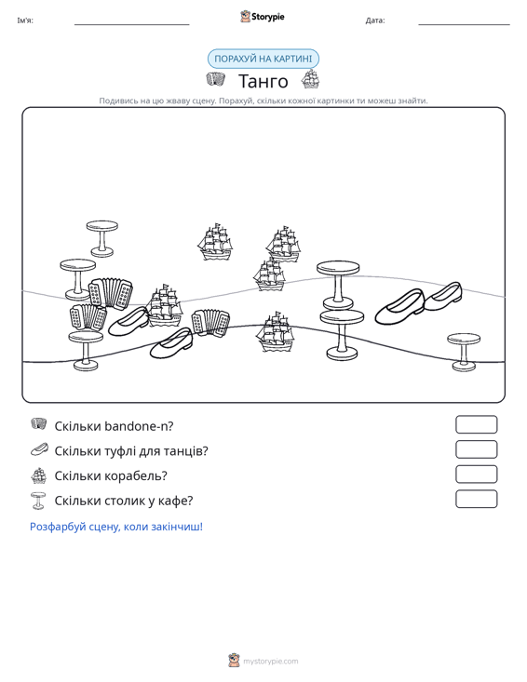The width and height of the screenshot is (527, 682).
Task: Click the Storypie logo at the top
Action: pos(262,17)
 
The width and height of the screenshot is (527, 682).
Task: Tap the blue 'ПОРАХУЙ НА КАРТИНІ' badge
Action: pos(263,59)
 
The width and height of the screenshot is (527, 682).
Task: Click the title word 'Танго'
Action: pos(263,81)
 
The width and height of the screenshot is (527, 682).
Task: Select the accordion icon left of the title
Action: pos(215,80)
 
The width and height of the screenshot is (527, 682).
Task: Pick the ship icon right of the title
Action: pos(310,79)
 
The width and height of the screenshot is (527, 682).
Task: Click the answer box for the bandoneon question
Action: pos(476,424)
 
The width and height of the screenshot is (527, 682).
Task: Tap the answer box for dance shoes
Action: pos(476,449)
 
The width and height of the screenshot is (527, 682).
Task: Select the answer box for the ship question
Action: pos(476,475)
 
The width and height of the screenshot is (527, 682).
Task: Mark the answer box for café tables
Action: pos(476,499)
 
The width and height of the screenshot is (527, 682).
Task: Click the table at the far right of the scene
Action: pos(464,352)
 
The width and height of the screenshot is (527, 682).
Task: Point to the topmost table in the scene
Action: pos(101,238)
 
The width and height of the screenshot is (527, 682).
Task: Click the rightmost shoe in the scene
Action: pos(443,296)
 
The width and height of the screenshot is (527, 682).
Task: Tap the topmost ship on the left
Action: pos(214,242)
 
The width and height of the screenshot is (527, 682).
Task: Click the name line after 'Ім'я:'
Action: pos(132,25)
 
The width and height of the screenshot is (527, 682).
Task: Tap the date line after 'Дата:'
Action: pos(464,25)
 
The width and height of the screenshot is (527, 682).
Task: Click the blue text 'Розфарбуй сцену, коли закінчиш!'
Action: pos(116,527)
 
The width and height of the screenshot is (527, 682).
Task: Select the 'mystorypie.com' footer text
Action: pos(271,662)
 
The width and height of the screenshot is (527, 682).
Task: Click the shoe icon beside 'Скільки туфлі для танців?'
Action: pos(39,449)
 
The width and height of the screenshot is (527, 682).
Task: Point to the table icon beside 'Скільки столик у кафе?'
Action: pos(38,501)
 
